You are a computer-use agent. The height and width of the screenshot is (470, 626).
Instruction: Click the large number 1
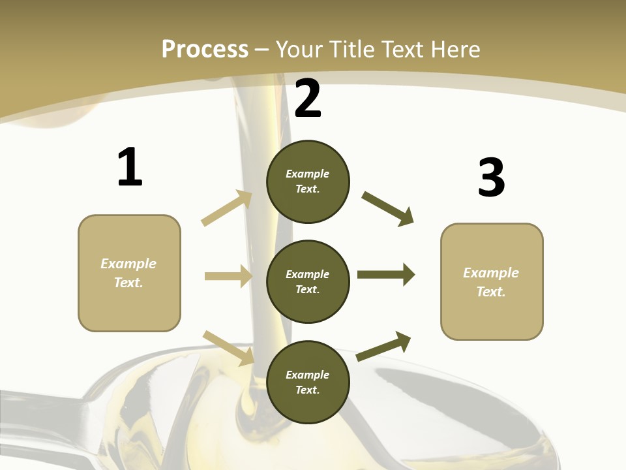[x=130, y=168]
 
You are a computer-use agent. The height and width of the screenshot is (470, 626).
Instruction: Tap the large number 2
[x=308, y=99]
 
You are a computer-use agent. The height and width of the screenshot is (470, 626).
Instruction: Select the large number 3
[x=491, y=178]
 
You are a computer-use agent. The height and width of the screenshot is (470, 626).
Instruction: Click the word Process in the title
[x=205, y=49]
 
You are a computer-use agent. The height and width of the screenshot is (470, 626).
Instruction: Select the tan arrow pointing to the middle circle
[x=228, y=276]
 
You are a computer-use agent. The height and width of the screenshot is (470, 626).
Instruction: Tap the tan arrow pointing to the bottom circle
[x=229, y=348]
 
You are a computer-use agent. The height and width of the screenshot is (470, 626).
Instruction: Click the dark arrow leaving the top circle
[x=388, y=208]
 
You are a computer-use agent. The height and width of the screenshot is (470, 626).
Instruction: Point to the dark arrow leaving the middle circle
[x=386, y=275]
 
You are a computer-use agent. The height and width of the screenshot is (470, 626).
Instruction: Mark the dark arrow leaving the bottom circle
[x=384, y=346]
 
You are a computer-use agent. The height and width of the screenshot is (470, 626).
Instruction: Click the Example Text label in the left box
[x=128, y=273]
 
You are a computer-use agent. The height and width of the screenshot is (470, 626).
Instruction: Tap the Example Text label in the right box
[x=491, y=282]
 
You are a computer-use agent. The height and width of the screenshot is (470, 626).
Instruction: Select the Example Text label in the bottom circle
[x=308, y=382]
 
